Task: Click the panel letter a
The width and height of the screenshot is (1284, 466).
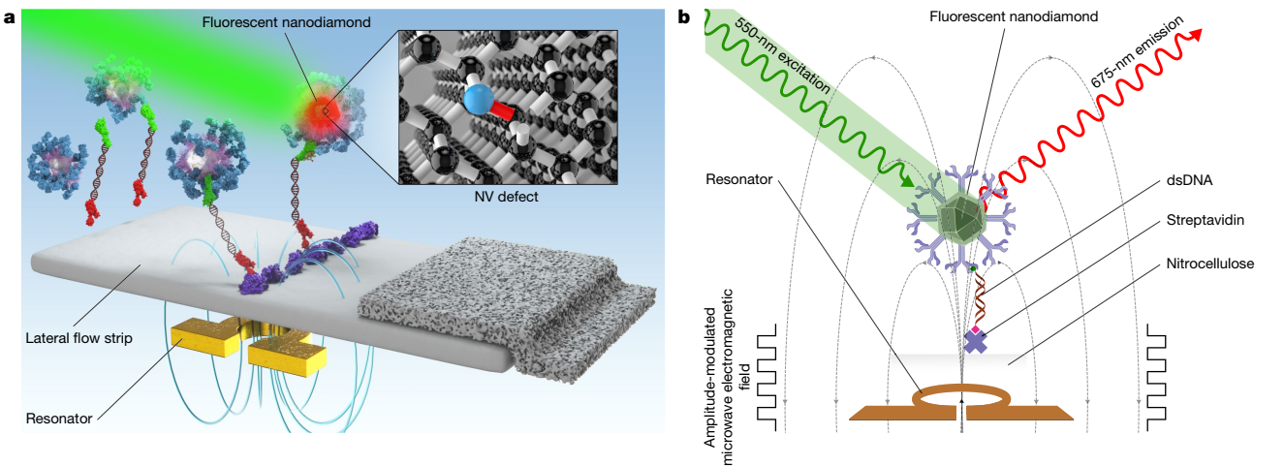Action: click(x=10, y=16)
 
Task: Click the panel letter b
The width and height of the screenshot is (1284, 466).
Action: click(x=685, y=16)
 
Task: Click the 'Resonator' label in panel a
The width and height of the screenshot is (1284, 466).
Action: click(x=59, y=419)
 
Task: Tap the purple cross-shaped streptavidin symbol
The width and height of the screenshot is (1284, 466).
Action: click(x=974, y=340)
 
